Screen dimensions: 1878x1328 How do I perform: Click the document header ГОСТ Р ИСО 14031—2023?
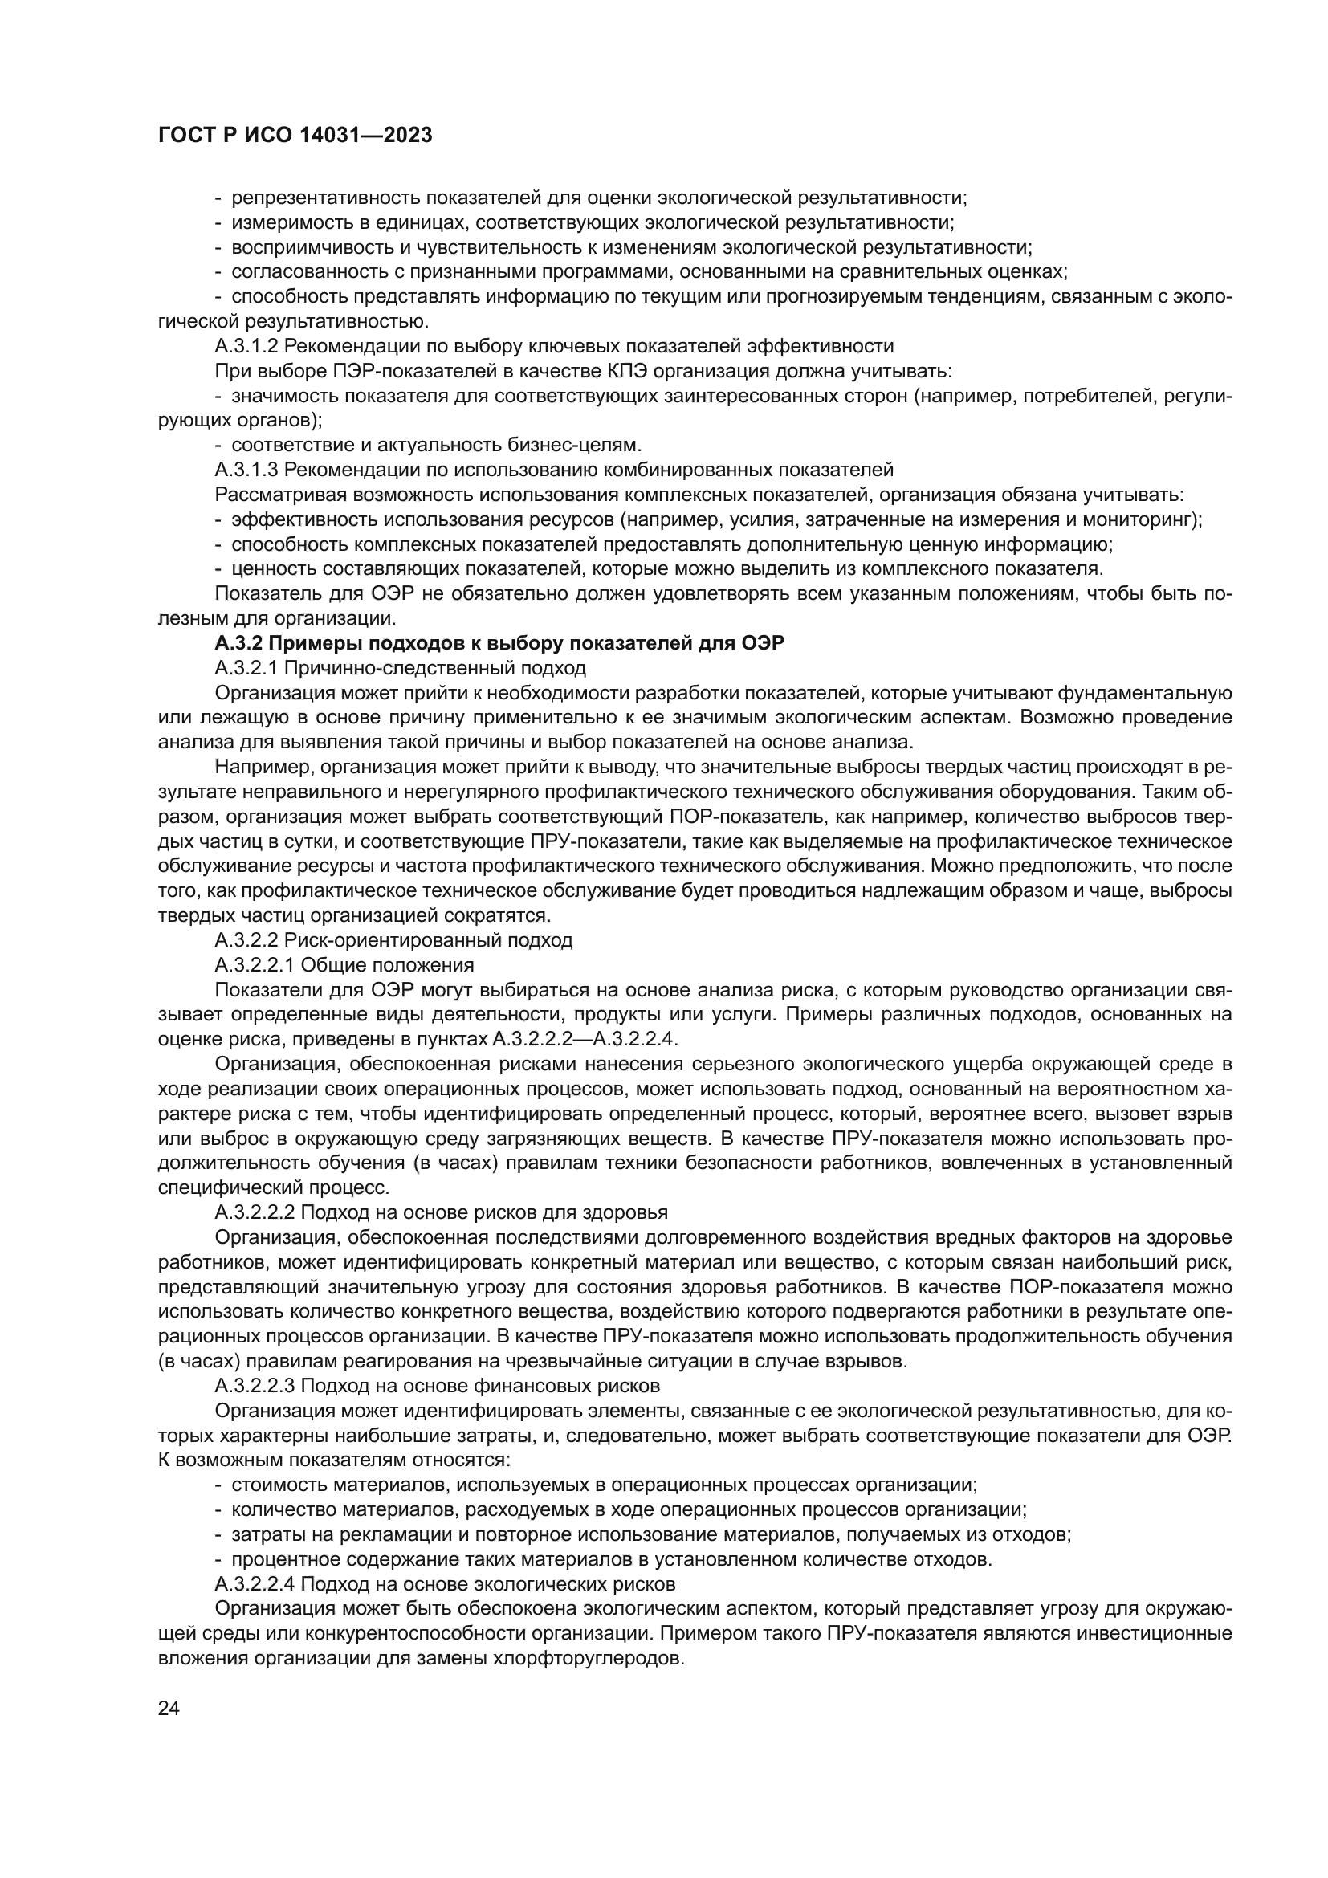click(295, 136)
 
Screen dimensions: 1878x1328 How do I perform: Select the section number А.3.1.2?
click(247, 346)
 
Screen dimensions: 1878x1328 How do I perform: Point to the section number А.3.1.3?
click(247, 470)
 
